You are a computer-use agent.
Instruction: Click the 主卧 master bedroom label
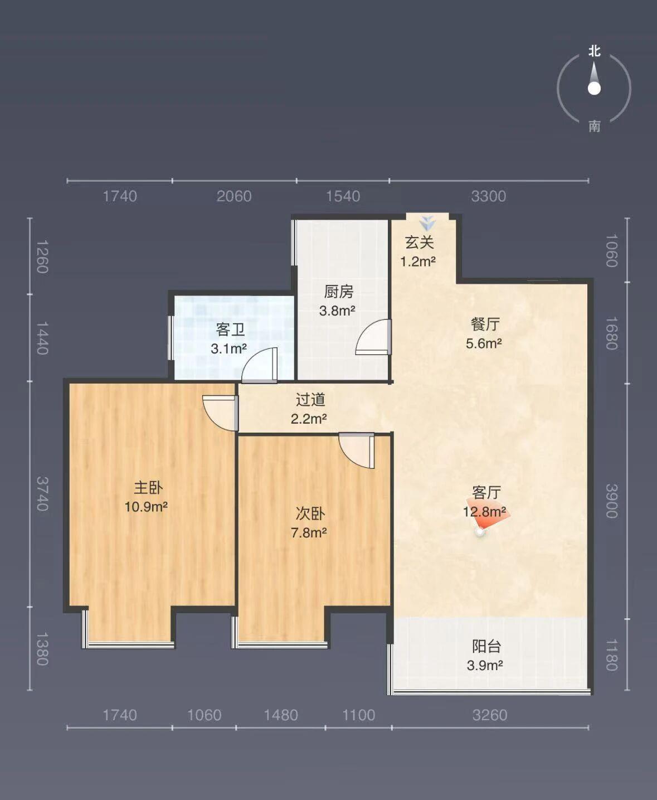pyautogui.click(x=148, y=488)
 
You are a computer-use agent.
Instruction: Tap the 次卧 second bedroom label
pyautogui.click(x=310, y=513)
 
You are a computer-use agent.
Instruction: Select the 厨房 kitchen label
pyautogui.click(x=339, y=292)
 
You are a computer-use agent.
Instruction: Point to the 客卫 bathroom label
pyautogui.click(x=230, y=329)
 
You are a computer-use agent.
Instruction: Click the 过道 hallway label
pyautogui.click(x=310, y=399)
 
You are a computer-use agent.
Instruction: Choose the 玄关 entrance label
pyautogui.click(x=419, y=243)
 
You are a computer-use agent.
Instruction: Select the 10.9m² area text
pyautogui.click(x=147, y=506)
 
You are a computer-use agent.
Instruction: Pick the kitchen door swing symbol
pyautogui.click(x=373, y=337)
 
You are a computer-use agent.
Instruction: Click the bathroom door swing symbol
pyautogui.click(x=260, y=365)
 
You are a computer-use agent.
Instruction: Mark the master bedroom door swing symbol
pyautogui.click(x=221, y=414)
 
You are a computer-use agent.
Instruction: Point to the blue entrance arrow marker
pyautogui.click(x=427, y=223)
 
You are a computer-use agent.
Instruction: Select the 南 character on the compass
pyautogui.click(x=594, y=126)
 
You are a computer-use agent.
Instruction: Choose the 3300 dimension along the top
pyautogui.click(x=489, y=196)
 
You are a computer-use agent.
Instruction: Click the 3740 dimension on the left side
pyautogui.click(x=43, y=493)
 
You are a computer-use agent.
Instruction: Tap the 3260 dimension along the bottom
pyautogui.click(x=490, y=715)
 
